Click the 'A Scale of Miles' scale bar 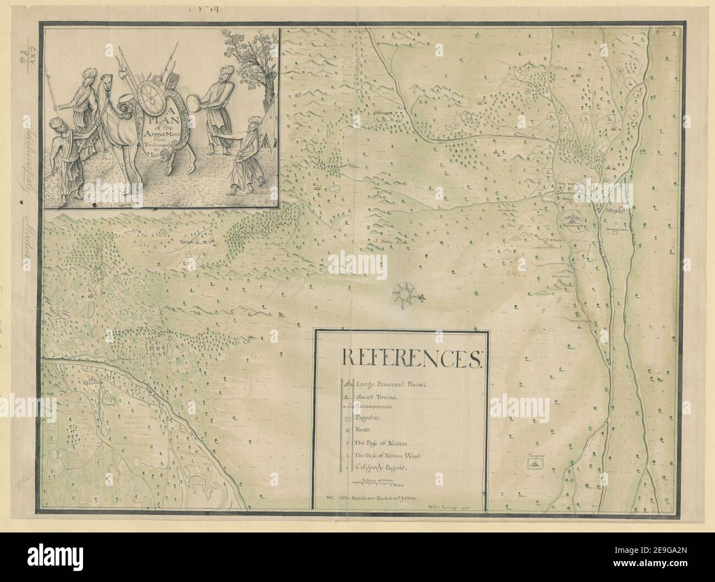point(375,482)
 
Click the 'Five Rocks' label point(506,210)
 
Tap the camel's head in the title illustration point(106,84)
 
